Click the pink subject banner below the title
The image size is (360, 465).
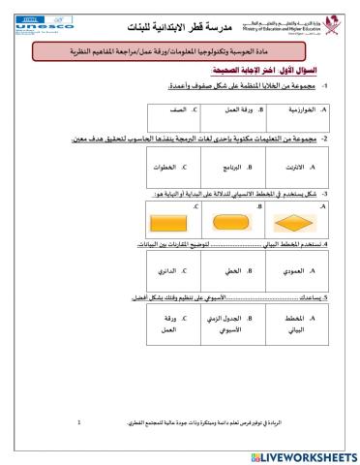click(180, 50)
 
